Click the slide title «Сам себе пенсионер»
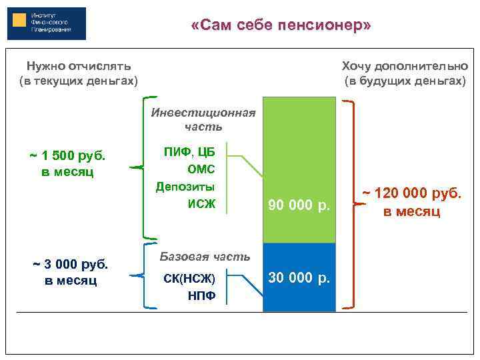pyautogui.click(x=280, y=25)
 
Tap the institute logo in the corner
pyautogui.click(x=47, y=23)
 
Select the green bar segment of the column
pyautogui.click(x=299, y=153)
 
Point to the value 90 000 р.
pyautogui.click(x=299, y=205)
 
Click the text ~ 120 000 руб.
pyautogui.click(x=411, y=195)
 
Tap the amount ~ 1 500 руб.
pyautogui.click(x=67, y=157)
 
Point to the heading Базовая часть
pyautogui.click(x=205, y=257)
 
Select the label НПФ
pyautogui.click(x=201, y=295)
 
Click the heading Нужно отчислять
pyautogui.click(x=78, y=66)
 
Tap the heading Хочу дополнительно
pyautogui.click(x=405, y=66)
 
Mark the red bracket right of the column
pyautogui.click(x=351, y=205)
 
